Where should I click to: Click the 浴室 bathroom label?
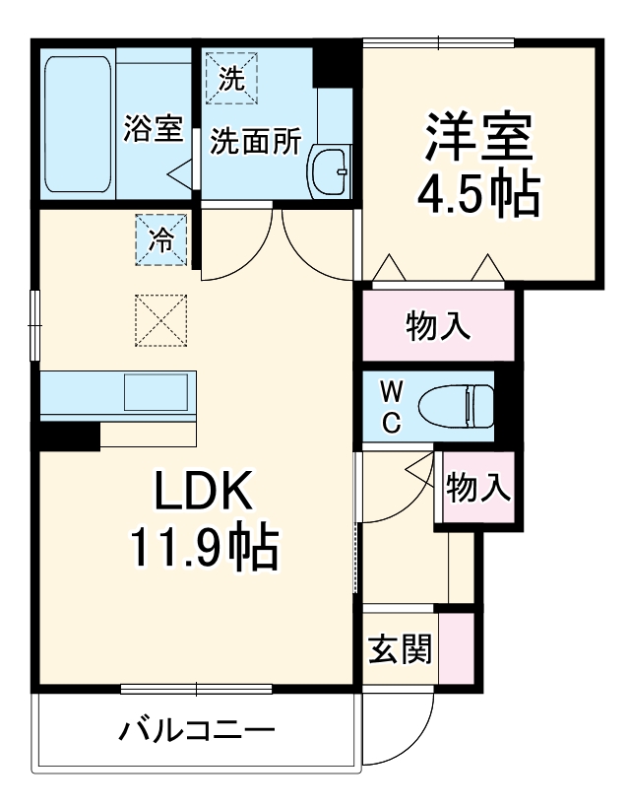(154, 129)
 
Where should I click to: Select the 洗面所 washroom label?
(256, 141)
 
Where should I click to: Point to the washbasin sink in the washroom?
(329, 171)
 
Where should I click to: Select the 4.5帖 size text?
(479, 195)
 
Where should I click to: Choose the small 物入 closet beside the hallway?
(479, 487)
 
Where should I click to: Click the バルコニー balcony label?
(196, 731)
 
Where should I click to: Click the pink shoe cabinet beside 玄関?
(457, 647)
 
